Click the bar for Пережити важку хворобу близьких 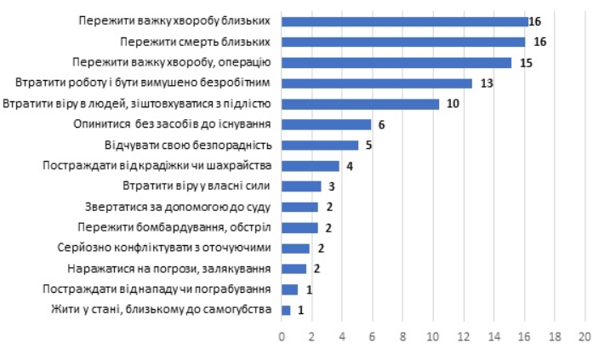[405, 21]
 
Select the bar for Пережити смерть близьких [403, 42]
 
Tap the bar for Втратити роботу [377, 83]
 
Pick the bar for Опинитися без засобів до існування [327, 124]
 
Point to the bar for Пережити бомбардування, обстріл [299, 227]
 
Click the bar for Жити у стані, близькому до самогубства [287, 310]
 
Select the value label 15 [527, 63]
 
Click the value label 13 [488, 83]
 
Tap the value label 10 [453, 104]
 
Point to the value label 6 [382, 124]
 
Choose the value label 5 [368, 146]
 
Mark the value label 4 [349, 166]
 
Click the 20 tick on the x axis [585, 336]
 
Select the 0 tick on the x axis [282, 336]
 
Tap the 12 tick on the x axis [464, 336]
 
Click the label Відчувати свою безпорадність [188, 146]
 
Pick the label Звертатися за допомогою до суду [179, 207]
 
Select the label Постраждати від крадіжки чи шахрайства [157, 166]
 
